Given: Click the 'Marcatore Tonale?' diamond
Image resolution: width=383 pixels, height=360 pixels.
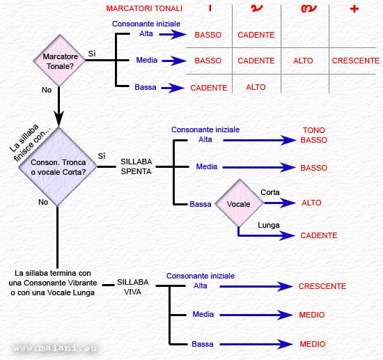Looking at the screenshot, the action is pos(59,61).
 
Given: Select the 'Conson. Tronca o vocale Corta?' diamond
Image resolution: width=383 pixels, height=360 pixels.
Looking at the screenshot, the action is pos(58,166).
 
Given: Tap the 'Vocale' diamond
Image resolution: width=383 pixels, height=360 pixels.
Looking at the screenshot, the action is pos(239,203).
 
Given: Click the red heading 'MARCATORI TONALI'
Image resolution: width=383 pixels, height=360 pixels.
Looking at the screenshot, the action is pos(144,8).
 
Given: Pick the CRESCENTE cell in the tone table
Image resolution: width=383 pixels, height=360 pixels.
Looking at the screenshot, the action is pos(356,61).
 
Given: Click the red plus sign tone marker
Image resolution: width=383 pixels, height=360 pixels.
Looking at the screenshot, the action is pos(354,9).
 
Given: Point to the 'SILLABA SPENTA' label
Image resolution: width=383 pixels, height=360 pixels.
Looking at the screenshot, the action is pos(136,166).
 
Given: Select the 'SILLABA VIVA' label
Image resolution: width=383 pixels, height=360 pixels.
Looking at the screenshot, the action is pos(132,287).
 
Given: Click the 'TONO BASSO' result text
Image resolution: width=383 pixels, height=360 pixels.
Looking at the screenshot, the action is pos(314,135).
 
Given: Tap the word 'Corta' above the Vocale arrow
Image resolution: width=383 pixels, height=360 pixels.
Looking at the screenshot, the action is pos(270,192).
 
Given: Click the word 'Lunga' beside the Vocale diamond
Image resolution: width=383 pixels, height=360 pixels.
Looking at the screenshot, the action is pos(269,225).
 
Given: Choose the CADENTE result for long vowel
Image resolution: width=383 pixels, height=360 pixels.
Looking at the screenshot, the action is pos(319,235).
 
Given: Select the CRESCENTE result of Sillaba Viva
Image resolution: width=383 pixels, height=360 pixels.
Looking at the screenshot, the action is pos(322,286).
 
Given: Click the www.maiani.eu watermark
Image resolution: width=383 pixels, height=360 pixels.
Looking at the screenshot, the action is pos(55,347).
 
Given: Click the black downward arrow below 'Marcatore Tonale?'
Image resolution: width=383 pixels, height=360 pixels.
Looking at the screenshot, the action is pos(58,107).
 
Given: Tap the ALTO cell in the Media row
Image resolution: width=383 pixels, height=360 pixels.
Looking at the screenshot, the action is pos(303,61).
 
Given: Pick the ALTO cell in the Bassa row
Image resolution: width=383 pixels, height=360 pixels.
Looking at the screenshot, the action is pos(256,87).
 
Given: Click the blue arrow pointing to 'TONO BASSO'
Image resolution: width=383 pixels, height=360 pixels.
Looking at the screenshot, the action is pos(260,140).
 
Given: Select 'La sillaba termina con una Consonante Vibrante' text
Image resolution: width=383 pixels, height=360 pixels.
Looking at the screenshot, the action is pos(53,278).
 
